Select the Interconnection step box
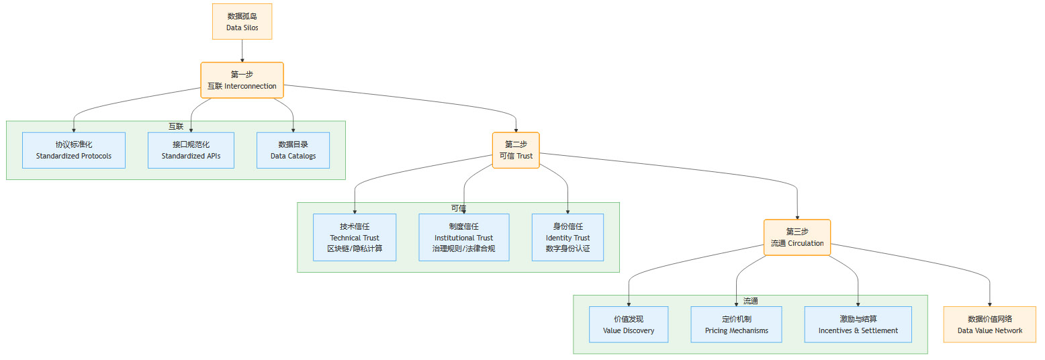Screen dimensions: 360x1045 [x=242, y=80]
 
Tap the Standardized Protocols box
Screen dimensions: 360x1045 [x=74, y=150]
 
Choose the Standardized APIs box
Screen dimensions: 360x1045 [x=191, y=150]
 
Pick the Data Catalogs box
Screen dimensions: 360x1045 [x=293, y=150]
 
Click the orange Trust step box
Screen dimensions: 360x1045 [x=516, y=150]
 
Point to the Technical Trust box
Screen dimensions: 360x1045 [x=355, y=237]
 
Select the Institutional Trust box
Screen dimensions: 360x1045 [x=463, y=237]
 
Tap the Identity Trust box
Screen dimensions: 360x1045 [x=567, y=237]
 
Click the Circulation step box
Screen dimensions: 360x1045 [x=797, y=237]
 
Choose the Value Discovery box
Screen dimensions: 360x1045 [x=629, y=324]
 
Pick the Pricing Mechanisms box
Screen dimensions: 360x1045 [x=736, y=324]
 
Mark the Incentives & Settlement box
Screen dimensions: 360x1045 [x=858, y=324]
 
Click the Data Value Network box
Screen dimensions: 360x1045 [x=989, y=324]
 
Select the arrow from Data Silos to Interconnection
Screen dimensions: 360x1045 [x=242, y=50]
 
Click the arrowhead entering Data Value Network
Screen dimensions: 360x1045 [x=989, y=304]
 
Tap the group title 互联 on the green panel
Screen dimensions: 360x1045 [x=176, y=126]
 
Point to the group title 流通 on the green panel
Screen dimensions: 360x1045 [x=750, y=301]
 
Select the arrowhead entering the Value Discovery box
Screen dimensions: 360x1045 [x=629, y=304]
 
